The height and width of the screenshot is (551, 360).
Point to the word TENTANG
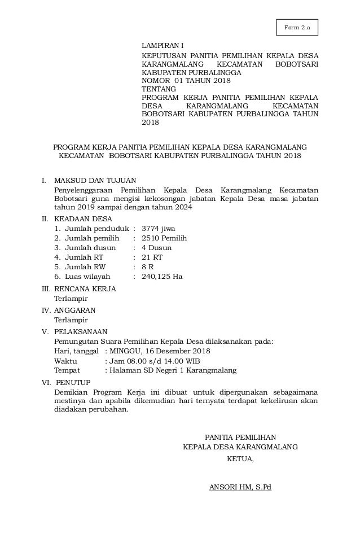tap(158, 89)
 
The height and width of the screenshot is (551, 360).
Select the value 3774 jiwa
tap(158, 229)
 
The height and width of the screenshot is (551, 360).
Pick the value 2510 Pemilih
tap(164, 238)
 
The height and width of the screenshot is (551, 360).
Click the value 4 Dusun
tap(156, 248)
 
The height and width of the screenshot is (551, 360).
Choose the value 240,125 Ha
tap(161, 277)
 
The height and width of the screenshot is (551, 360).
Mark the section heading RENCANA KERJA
tap(85, 289)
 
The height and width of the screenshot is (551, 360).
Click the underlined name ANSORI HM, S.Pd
tap(240, 487)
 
